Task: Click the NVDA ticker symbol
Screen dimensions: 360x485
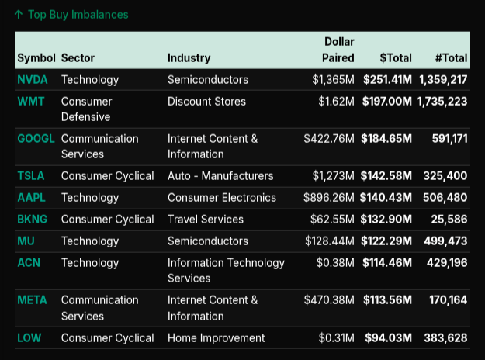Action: click(x=32, y=80)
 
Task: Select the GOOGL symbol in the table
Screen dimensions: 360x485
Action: click(x=36, y=139)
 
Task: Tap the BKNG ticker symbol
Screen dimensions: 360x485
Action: click(x=32, y=220)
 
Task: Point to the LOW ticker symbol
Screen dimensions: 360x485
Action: click(x=29, y=337)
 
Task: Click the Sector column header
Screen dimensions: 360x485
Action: click(x=78, y=58)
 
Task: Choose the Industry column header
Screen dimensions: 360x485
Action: click(x=189, y=58)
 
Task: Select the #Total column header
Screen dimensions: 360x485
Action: click(x=451, y=58)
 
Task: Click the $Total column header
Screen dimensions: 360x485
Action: click(x=396, y=58)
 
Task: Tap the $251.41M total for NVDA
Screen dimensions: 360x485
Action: click(x=387, y=80)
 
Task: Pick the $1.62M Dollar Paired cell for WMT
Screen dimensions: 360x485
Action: click(x=336, y=102)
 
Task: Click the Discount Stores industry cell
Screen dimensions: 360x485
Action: click(x=206, y=102)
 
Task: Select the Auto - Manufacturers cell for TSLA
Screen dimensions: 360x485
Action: click(x=220, y=176)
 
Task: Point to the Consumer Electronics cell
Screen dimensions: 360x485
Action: click(x=222, y=198)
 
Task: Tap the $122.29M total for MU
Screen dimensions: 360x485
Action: click(x=387, y=241)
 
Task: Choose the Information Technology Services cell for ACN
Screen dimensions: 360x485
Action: click(x=226, y=270)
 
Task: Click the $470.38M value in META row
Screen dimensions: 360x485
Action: click(x=329, y=300)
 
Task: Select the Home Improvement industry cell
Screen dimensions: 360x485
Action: click(x=216, y=337)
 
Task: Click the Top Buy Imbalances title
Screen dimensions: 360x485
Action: click(x=78, y=15)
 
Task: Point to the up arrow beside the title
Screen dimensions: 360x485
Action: click(x=19, y=15)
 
